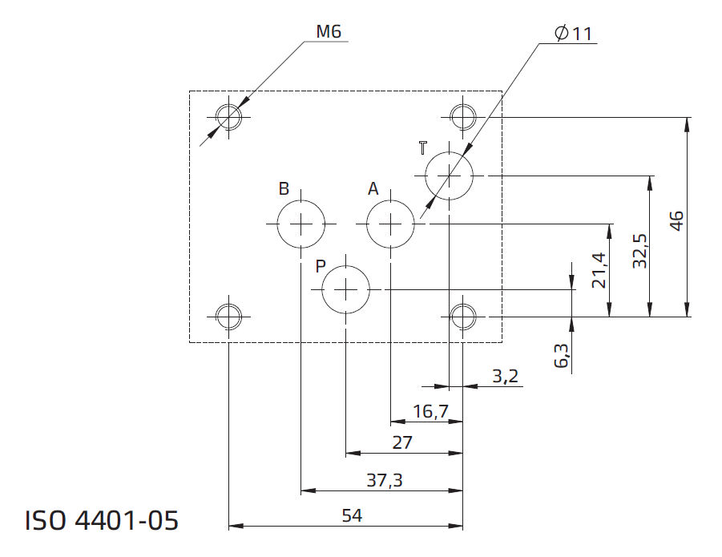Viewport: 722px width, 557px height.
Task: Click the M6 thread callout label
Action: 329,31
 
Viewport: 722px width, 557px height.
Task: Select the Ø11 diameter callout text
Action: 573,33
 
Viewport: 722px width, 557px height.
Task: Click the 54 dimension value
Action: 352,515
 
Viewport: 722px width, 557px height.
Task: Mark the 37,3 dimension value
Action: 385,481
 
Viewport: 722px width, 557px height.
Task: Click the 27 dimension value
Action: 402,443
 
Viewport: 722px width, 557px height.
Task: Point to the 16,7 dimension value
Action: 430,411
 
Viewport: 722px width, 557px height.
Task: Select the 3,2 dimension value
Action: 505,376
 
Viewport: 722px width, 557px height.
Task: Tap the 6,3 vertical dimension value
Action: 561,355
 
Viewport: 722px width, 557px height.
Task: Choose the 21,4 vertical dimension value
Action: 599,270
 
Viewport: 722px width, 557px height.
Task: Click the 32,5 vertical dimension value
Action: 639,251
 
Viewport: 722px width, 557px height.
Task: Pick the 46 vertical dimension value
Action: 676,221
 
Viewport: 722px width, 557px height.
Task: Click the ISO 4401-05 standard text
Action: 101,521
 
